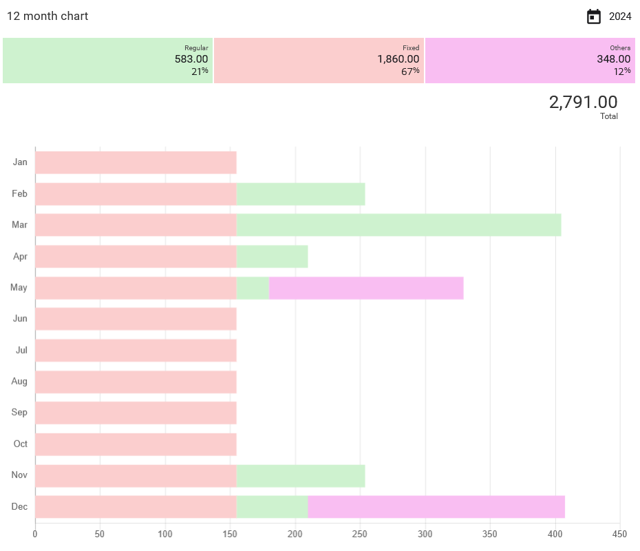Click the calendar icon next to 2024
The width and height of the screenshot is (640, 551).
(x=593, y=17)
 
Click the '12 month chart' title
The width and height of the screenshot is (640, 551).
(x=47, y=16)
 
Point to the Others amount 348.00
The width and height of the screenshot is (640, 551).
(x=613, y=59)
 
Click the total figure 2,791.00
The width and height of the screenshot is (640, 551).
(x=583, y=102)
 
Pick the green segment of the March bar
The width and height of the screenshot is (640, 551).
(x=398, y=225)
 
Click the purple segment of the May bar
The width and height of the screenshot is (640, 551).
(x=365, y=288)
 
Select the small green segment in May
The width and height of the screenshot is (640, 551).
(x=253, y=288)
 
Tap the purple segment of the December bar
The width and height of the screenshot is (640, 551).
(x=436, y=507)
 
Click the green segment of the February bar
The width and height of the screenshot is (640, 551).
(x=300, y=194)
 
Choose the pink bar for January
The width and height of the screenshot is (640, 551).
(x=136, y=162)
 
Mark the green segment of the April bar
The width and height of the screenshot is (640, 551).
(x=272, y=257)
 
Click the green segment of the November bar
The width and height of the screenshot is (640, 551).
(x=300, y=476)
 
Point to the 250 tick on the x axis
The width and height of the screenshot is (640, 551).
(x=360, y=534)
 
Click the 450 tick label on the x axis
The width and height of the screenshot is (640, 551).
(x=619, y=534)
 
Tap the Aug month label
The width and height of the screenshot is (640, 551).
(x=19, y=381)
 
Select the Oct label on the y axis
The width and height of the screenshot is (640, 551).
(x=21, y=444)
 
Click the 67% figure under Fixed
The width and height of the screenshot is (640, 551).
(x=410, y=72)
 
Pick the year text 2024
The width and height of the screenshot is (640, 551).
(x=620, y=17)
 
